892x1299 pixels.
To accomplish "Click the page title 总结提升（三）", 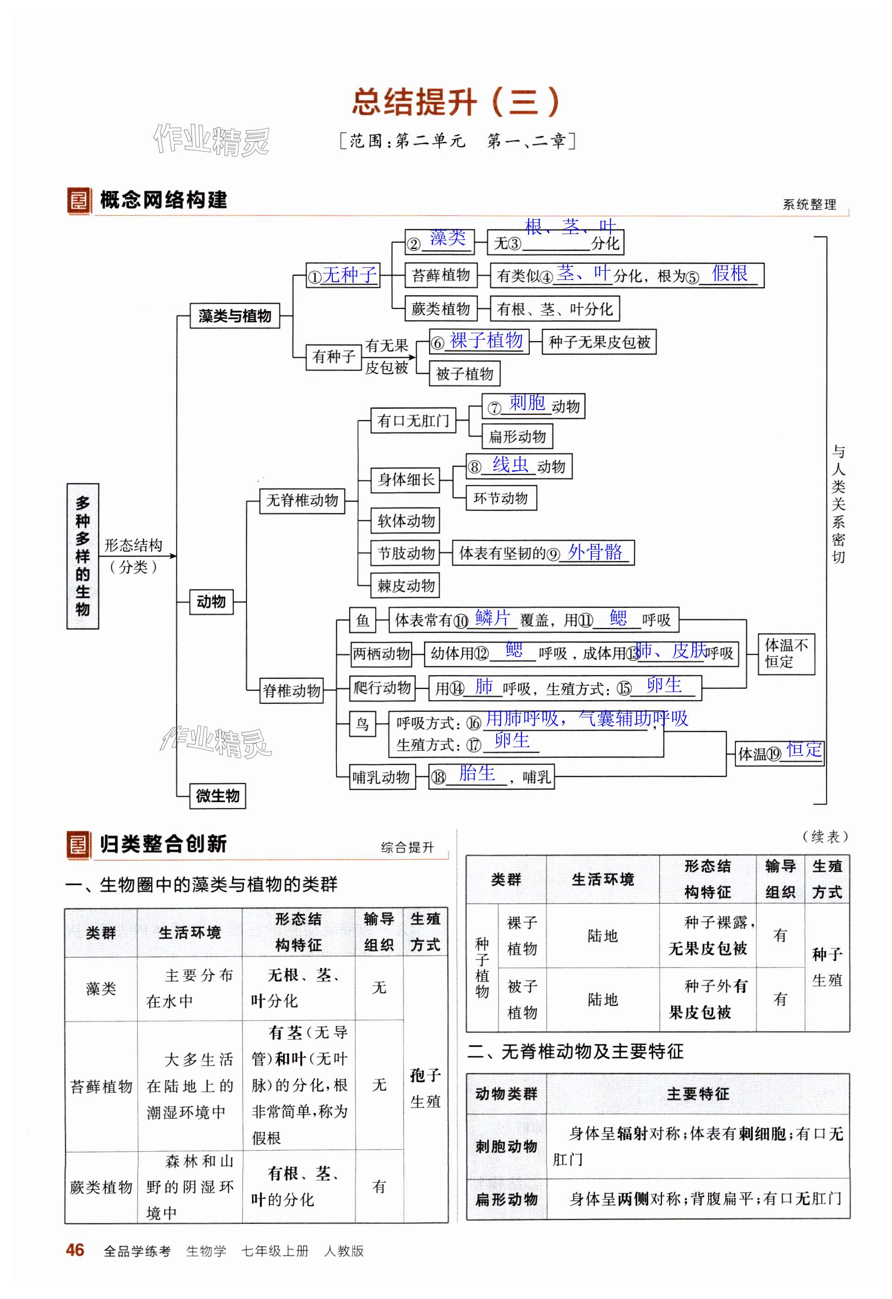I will tap(455, 102).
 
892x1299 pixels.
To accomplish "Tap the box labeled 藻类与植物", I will tap(235, 316).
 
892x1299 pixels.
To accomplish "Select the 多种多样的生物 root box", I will tap(83, 556).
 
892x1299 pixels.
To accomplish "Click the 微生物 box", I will tap(217, 795).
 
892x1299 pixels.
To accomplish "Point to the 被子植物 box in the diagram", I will tap(464, 374).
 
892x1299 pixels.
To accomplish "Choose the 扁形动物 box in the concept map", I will tap(517, 437).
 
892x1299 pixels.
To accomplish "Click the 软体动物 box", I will tap(406, 521).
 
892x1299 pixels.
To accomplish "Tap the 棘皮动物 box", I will tap(406, 586).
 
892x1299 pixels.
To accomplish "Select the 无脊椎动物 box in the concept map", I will tap(302, 500).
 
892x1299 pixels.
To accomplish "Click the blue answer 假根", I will tap(729, 273).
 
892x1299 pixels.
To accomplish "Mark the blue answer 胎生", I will tap(477, 773).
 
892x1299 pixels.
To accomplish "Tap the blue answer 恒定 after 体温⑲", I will tap(804, 749).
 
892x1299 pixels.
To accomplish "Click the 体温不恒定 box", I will tap(786, 654).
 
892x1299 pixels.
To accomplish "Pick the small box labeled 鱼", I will tap(362, 621).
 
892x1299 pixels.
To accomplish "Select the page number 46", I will tap(75, 1250).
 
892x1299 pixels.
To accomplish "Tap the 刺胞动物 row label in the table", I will tap(506, 1147).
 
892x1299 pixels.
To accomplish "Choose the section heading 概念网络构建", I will tap(163, 200).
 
